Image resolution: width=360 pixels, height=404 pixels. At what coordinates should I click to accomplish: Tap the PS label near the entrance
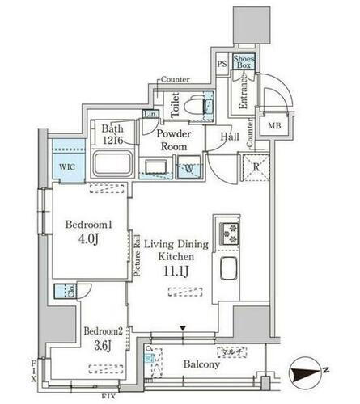pos(222,62)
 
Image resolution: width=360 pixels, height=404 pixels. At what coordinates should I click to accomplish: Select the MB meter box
pos(274,125)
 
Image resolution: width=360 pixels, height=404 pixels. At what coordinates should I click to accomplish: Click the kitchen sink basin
pos(227,271)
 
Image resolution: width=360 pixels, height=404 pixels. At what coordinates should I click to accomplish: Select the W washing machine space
pos(188,169)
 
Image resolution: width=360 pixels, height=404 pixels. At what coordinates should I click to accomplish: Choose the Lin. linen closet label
pos(150,116)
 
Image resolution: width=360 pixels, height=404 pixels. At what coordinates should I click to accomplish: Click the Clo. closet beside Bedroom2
pos(61,292)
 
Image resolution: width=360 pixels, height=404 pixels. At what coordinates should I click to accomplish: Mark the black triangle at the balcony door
pos(184,328)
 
